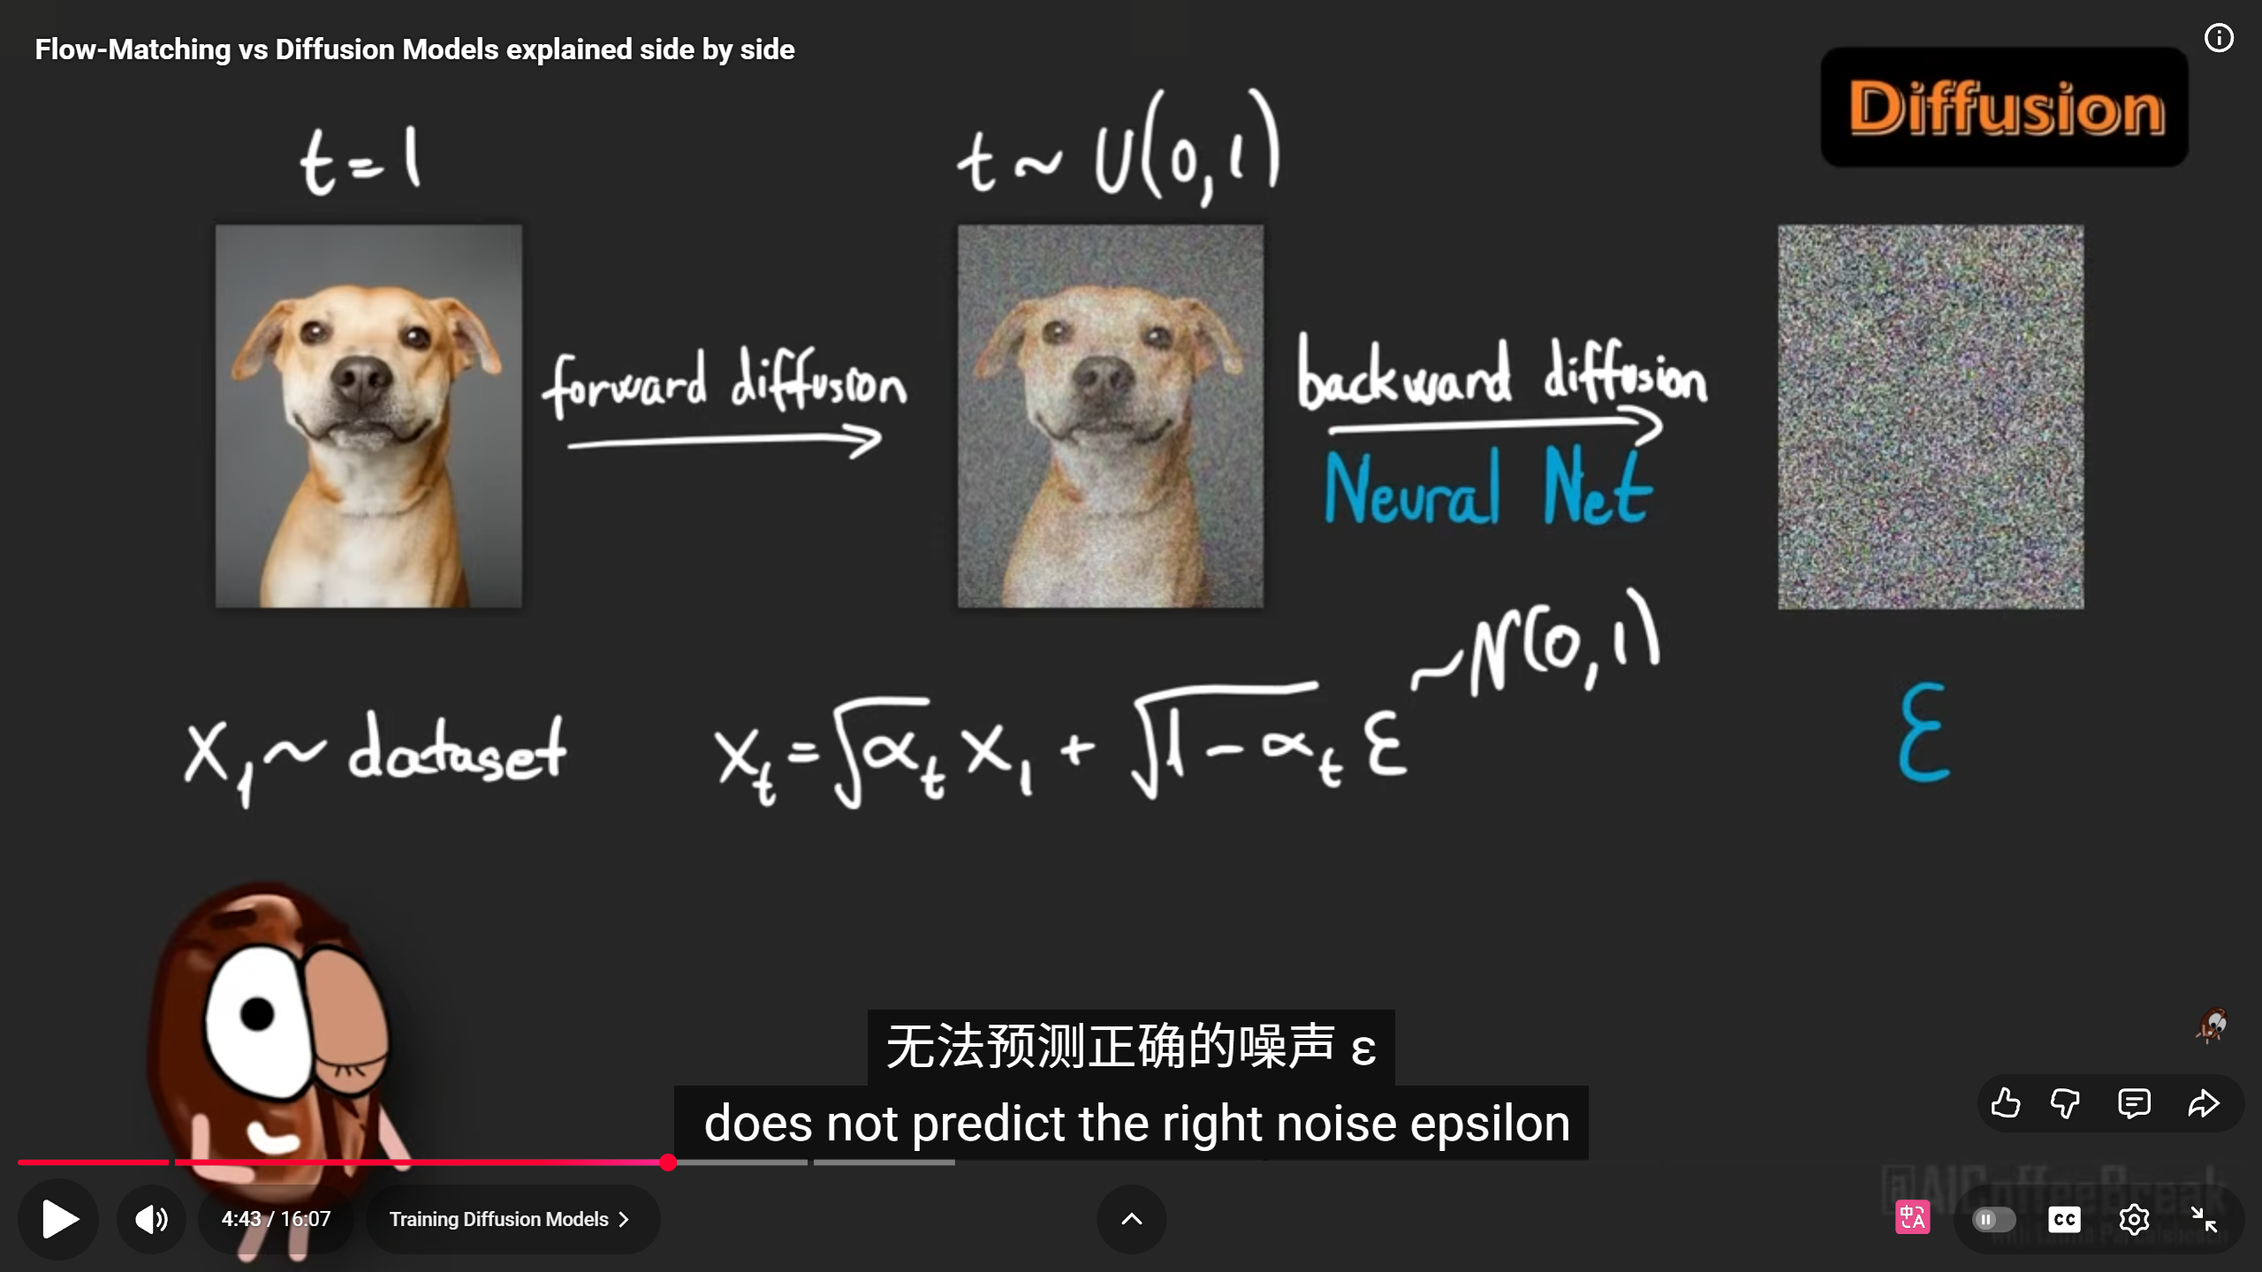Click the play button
coord(59,1219)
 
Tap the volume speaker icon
coord(151,1219)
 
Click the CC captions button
coord(2064,1220)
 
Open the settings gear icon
coord(2134,1220)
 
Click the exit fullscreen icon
coord(2204,1220)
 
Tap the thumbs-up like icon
coord(2006,1103)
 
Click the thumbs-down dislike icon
coord(2065,1103)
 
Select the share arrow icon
coord(2204,1103)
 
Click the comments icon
coord(2134,1103)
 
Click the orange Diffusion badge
coord(2005,108)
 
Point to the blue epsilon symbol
coord(1924,733)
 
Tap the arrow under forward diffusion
coord(725,441)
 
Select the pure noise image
coord(1931,417)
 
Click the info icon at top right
coord(2219,38)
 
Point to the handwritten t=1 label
coord(361,161)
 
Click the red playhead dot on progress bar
coord(668,1162)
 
